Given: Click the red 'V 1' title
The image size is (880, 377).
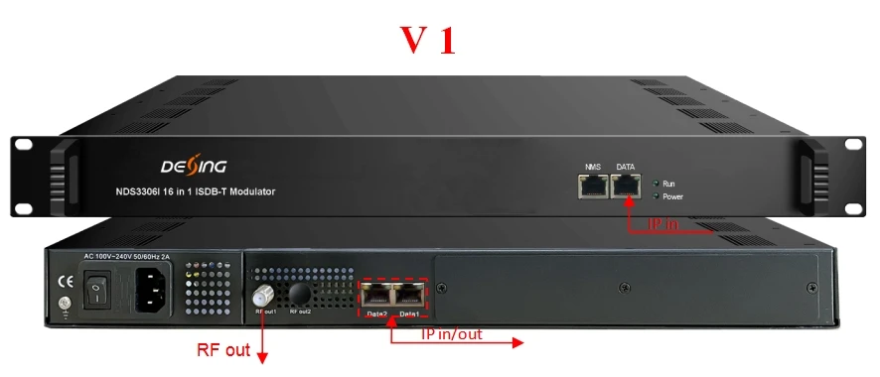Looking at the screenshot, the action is [x=428, y=39].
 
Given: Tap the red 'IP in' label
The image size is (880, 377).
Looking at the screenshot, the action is [x=662, y=225].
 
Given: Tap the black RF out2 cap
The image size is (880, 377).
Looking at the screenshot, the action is [x=299, y=295].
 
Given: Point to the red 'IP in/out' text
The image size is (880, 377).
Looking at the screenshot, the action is [x=451, y=334].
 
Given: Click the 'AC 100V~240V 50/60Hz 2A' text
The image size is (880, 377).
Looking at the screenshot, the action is [x=128, y=257].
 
